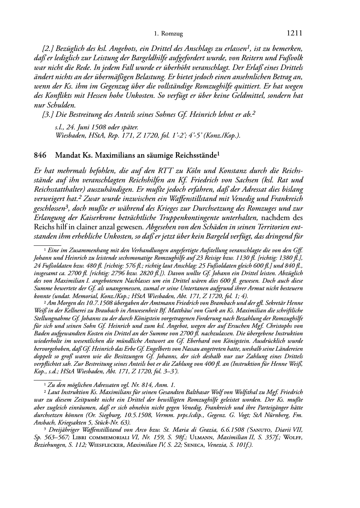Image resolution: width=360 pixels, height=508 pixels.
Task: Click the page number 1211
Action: pyautogui.click(x=295, y=33)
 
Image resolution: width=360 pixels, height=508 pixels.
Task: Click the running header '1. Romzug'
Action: pyautogui.click(x=168, y=34)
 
